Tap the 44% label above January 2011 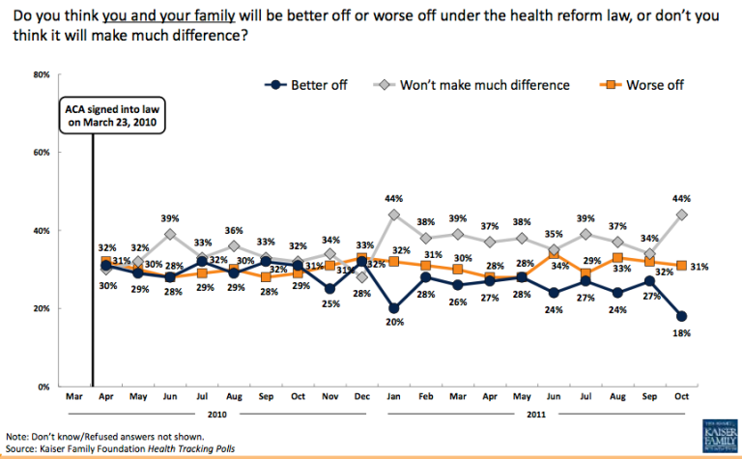[x=393, y=198]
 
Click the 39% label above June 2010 [x=170, y=217]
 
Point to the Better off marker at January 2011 [x=393, y=308]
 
